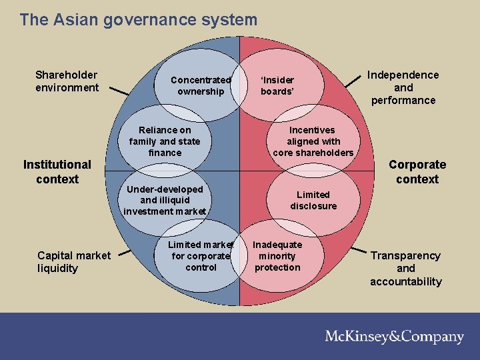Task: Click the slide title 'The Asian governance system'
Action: coord(138,20)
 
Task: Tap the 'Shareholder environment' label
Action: coord(67,81)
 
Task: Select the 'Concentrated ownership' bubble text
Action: coord(201,86)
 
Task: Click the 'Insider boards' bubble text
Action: coord(277,86)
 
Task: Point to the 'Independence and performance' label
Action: coord(403,87)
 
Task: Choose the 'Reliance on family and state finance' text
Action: coord(165,141)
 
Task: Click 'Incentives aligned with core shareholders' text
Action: coord(313,141)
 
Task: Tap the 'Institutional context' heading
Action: coord(57,171)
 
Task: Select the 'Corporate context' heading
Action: coord(417,171)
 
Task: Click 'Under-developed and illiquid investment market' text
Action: coord(165,200)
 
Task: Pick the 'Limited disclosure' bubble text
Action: coord(313,200)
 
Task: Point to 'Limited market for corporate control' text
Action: coord(201,256)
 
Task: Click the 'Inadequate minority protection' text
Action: coord(277,256)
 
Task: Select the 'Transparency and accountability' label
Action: coord(406,268)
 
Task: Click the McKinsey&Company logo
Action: coord(394,337)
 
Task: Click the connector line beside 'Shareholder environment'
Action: coord(119,91)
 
